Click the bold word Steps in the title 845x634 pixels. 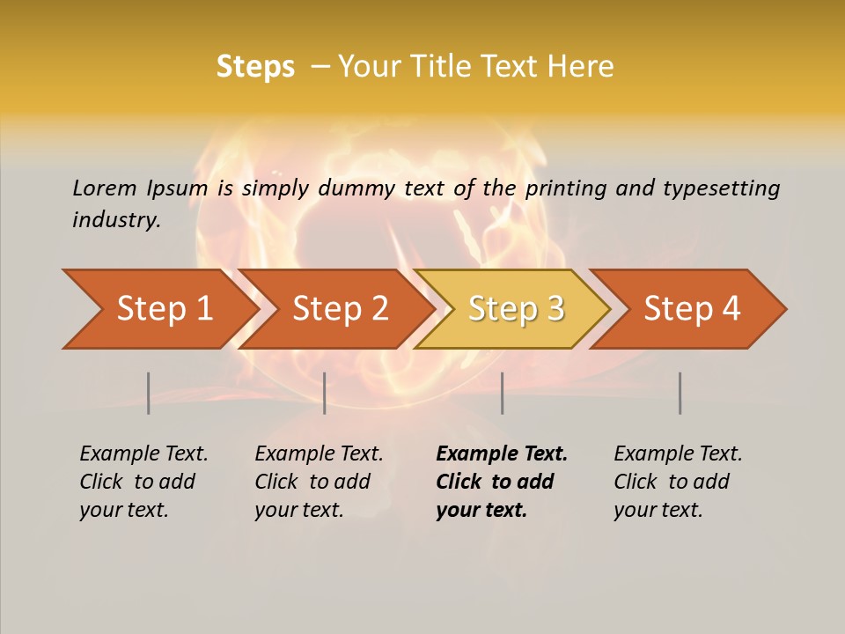255,67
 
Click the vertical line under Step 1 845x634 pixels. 149,393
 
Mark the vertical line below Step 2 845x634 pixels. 325,393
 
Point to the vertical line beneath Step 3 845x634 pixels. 502,393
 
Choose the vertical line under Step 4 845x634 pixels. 680,393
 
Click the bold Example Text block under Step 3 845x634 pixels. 502,482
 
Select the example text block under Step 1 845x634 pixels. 143,482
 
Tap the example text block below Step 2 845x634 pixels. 319,482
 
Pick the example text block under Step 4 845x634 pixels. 678,482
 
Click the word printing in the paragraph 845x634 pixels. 563,188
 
